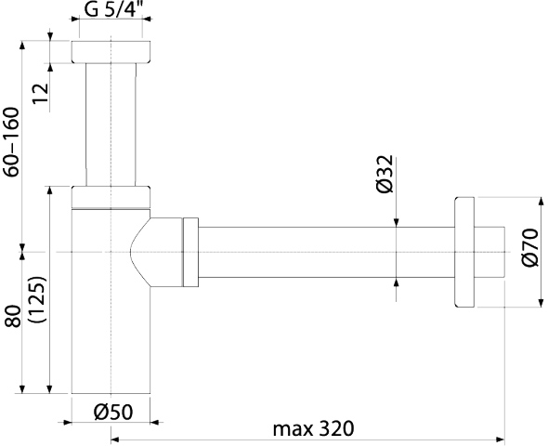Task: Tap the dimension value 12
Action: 41,93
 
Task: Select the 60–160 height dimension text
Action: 11,142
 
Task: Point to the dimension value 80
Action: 13,316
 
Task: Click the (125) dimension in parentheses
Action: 38,299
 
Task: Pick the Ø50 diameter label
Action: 113,412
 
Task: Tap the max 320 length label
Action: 314,428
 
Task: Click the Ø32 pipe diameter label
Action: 385,174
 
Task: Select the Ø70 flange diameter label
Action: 530,247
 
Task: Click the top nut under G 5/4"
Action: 111,52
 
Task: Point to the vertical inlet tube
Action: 111,125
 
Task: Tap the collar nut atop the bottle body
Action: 111,198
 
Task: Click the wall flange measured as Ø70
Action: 464,253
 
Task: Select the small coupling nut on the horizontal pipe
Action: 190,253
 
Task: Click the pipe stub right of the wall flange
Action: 489,253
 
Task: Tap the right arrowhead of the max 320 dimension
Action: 501,439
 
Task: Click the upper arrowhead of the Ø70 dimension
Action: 541,202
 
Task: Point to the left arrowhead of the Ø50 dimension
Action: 67,423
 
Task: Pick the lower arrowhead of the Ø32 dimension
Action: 396,282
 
